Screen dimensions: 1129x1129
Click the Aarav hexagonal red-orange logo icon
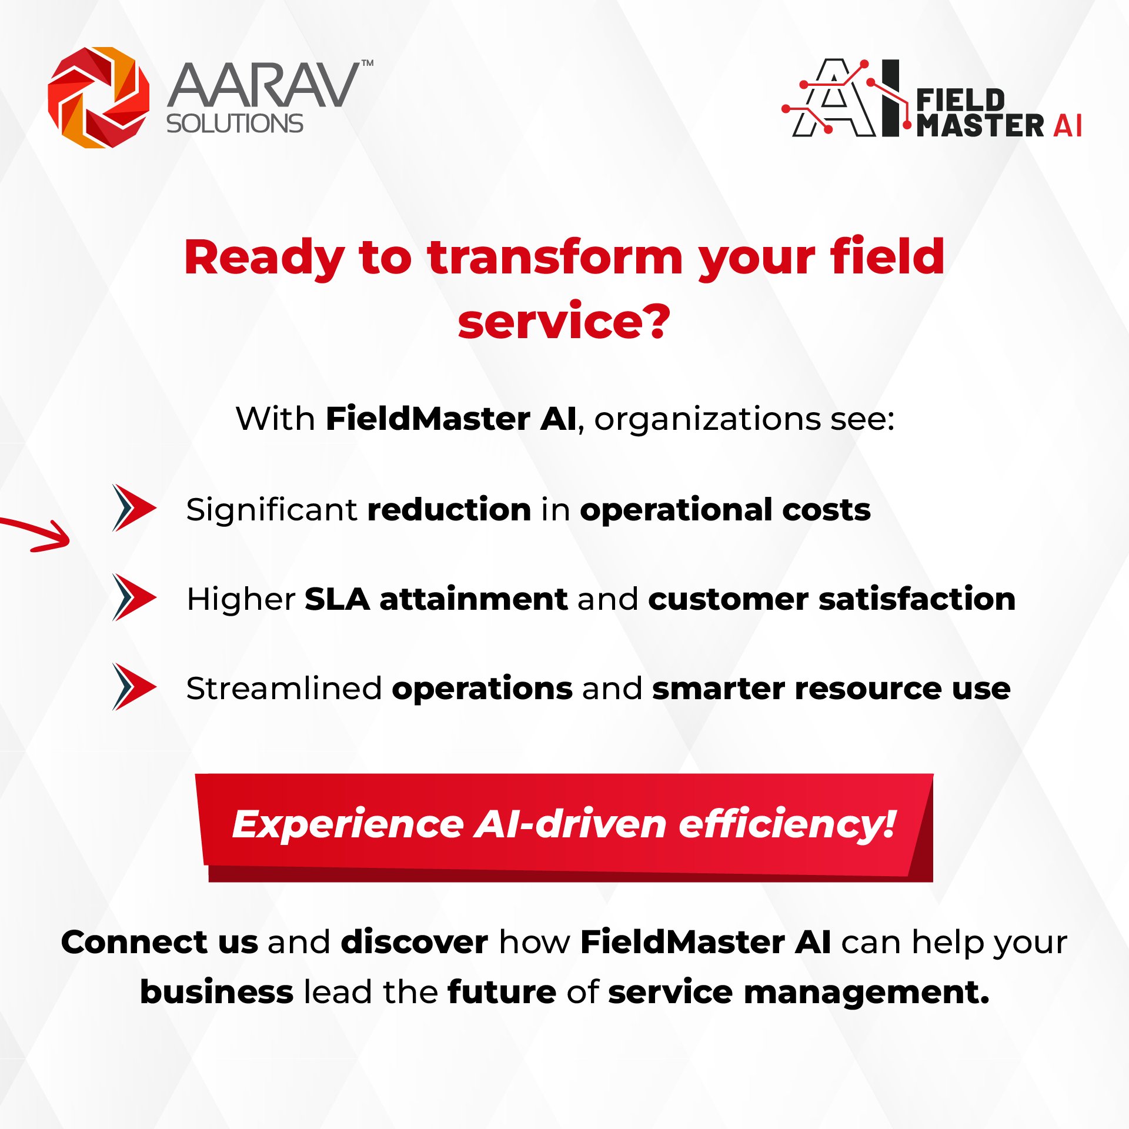point(99,98)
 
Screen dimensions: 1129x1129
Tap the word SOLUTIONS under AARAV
point(235,123)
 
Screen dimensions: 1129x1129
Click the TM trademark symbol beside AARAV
point(367,63)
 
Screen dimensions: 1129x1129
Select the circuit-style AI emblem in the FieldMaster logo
point(841,98)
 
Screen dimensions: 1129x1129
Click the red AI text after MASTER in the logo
point(1067,125)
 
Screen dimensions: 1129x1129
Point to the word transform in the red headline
point(555,258)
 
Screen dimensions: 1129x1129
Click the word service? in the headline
point(564,322)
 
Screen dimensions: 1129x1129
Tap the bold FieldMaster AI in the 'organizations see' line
point(451,419)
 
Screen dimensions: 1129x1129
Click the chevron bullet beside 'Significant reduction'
point(134,508)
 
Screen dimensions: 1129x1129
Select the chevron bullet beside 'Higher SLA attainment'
point(134,597)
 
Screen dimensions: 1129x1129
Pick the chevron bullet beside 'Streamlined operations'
point(134,687)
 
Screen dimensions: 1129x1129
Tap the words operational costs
point(725,510)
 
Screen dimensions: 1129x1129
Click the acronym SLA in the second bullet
point(337,599)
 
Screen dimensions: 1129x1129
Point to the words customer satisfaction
point(831,599)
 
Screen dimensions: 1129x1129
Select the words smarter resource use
point(831,689)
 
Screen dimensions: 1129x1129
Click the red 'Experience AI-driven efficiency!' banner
point(564,827)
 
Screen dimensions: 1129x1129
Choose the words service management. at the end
point(799,993)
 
